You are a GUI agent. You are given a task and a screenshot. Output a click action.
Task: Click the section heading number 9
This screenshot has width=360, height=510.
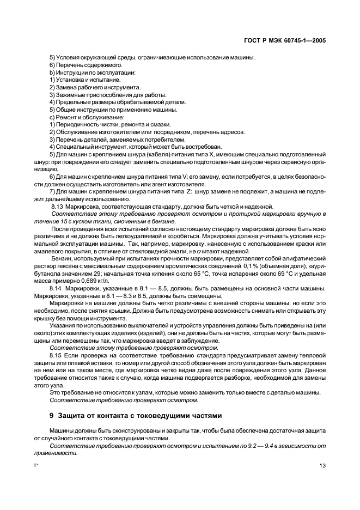(x=52, y=414)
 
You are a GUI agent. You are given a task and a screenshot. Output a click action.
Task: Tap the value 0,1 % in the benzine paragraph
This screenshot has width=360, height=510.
(x=253, y=265)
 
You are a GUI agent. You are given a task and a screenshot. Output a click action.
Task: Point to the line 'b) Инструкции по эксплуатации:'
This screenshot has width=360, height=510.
(x=85, y=72)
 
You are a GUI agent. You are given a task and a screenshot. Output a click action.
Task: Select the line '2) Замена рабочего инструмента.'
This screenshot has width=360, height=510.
(x=87, y=87)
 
